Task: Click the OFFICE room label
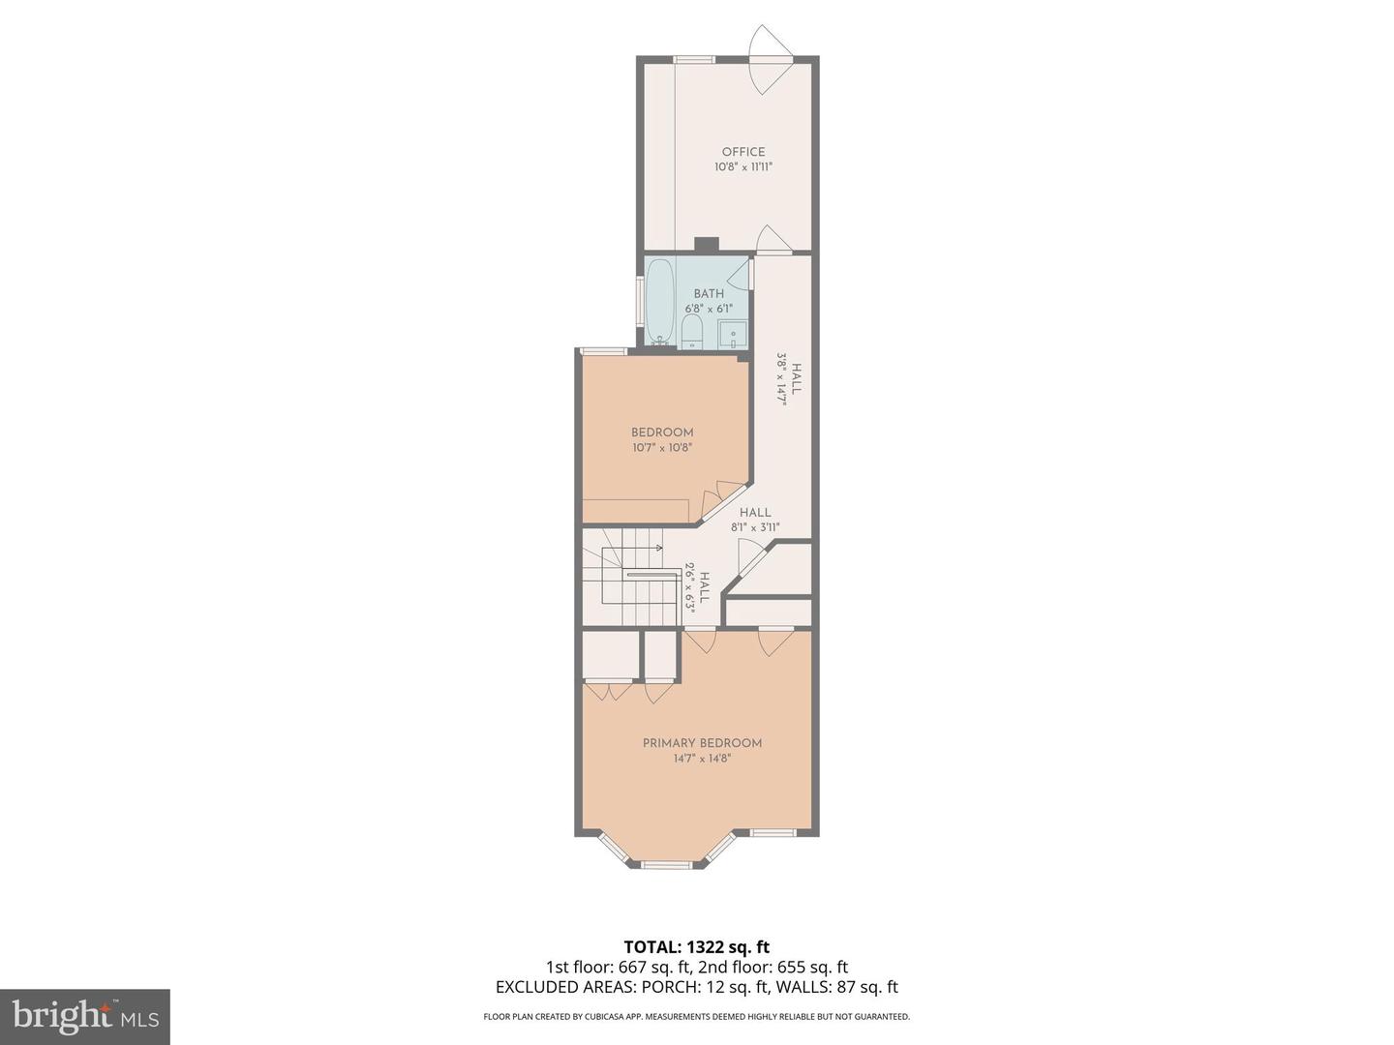(742, 152)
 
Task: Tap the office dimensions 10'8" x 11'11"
(742, 167)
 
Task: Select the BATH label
(709, 294)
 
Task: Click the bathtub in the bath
(660, 301)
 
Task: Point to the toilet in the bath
(692, 332)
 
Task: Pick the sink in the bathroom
(733, 334)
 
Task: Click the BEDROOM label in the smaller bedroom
(662, 433)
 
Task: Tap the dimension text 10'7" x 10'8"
(662, 448)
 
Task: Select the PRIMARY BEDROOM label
(702, 743)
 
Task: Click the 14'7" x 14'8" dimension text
(702, 759)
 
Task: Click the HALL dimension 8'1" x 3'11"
(755, 528)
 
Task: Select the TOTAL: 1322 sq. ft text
(696, 946)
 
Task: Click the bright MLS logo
(84, 1016)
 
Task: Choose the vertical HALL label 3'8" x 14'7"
(789, 378)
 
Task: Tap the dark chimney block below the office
(707, 245)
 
